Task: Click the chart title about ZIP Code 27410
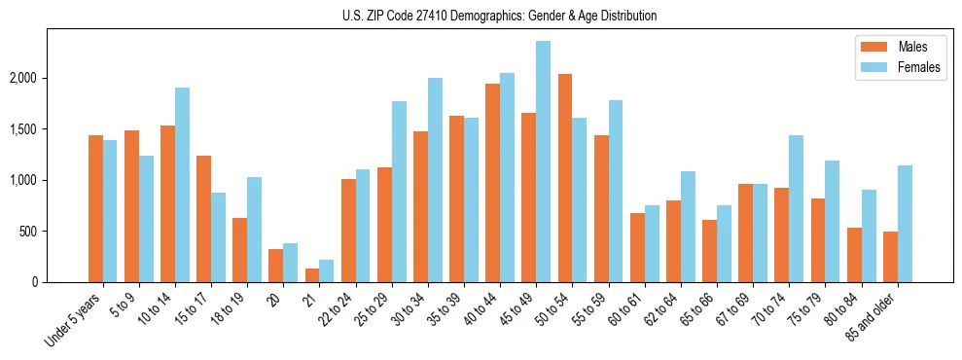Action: coord(500,16)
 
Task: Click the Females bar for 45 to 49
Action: coord(543,162)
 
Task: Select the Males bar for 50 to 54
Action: coord(564,178)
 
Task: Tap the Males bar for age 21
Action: coord(311,275)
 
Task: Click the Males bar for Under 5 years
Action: coord(95,208)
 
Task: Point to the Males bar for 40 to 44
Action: coord(492,183)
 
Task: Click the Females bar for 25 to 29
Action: coord(399,192)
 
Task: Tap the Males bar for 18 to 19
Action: coord(239,250)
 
